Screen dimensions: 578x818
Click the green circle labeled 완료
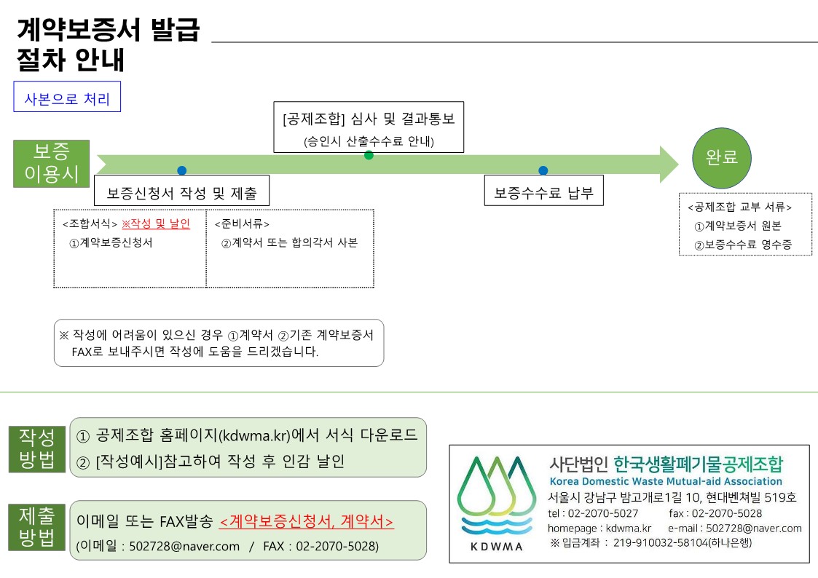(x=722, y=157)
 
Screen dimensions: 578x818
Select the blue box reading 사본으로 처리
(x=67, y=99)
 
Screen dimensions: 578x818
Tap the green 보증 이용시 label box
(x=51, y=164)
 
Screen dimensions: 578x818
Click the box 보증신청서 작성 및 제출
(x=181, y=194)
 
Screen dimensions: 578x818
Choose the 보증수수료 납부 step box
(x=543, y=194)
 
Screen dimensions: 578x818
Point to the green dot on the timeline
(x=369, y=155)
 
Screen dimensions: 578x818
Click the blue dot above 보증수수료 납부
(x=543, y=170)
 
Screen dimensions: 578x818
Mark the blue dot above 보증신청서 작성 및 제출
(x=181, y=170)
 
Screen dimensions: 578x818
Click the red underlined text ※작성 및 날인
(x=155, y=224)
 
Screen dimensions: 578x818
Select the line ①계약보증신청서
(x=111, y=243)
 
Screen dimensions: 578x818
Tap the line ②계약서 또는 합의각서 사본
(x=289, y=243)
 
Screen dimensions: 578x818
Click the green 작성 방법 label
(x=37, y=449)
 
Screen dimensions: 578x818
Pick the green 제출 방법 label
(x=37, y=528)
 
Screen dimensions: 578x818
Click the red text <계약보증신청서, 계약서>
(x=306, y=522)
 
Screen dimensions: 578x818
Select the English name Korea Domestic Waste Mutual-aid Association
(x=666, y=481)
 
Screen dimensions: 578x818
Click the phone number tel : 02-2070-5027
(x=593, y=513)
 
